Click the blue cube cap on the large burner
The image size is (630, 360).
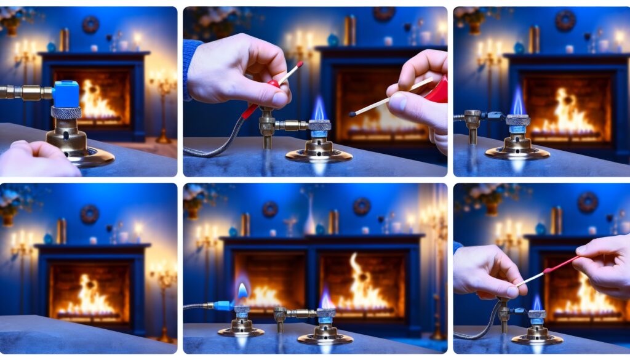click(x=65, y=94)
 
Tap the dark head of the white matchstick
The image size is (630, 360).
click(x=354, y=114)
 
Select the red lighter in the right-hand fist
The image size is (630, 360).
click(x=437, y=90)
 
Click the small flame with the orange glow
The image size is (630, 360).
click(x=242, y=290)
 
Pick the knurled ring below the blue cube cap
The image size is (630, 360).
click(x=66, y=113)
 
